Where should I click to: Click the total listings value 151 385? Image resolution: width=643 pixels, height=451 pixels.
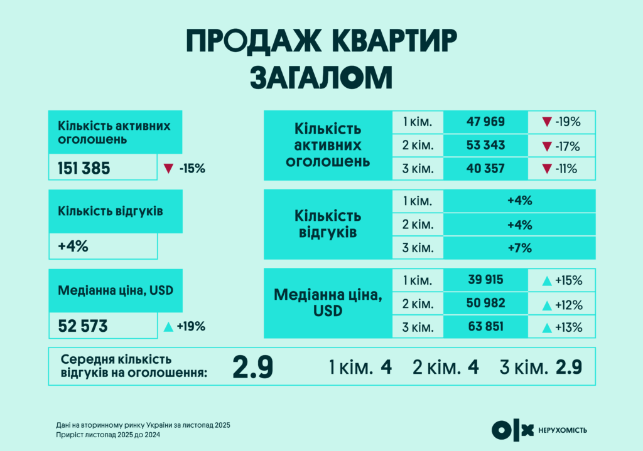click(84, 169)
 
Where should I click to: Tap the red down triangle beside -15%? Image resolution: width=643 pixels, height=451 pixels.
click(168, 169)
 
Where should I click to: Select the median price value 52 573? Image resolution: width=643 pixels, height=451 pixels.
click(83, 326)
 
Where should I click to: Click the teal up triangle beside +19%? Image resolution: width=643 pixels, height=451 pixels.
click(168, 326)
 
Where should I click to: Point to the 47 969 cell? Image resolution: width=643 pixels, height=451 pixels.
click(485, 122)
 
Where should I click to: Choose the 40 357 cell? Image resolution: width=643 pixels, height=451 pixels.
click(485, 169)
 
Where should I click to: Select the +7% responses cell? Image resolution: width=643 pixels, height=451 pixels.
click(519, 248)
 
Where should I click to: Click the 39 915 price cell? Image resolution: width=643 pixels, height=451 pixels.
click(485, 280)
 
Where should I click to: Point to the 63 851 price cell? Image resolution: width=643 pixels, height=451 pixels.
click(485, 327)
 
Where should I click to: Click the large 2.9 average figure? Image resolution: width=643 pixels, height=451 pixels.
click(252, 367)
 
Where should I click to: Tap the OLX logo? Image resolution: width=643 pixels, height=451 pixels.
click(511, 430)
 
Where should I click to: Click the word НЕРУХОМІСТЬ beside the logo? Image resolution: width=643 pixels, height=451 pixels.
click(563, 430)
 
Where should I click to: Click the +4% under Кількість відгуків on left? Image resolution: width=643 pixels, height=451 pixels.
click(73, 247)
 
